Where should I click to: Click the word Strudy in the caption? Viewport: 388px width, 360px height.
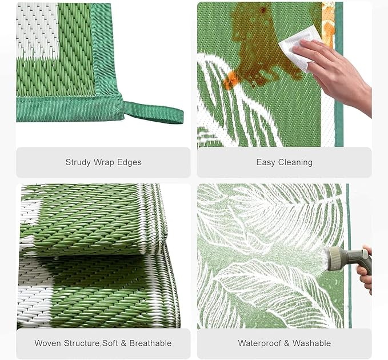(x=78, y=162)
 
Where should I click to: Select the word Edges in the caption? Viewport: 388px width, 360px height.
(x=129, y=162)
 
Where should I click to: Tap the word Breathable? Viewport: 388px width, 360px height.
(x=150, y=343)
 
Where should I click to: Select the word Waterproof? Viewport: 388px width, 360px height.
(x=259, y=343)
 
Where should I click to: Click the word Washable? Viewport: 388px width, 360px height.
(x=311, y=343)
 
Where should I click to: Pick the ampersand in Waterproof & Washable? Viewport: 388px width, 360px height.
(x=287, y=343)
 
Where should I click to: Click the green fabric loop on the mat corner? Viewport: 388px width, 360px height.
(x=154, y=113)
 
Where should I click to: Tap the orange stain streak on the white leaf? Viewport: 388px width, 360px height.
(x=231, y=79)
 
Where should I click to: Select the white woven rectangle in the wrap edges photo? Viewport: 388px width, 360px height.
(x=37, y=30)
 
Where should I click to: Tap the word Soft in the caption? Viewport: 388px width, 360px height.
(x=110, y=343)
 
